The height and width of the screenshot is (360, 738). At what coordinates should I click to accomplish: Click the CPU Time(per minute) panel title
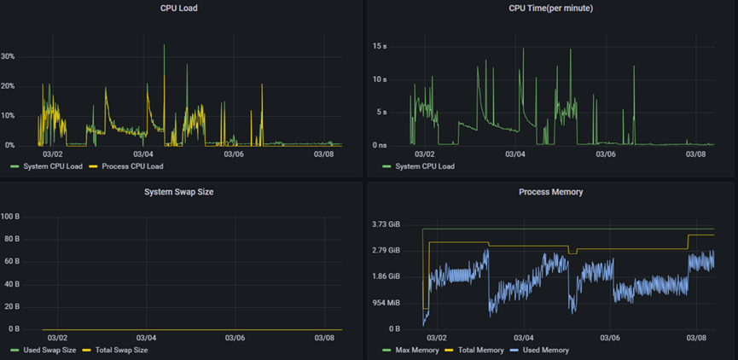click(551, 8)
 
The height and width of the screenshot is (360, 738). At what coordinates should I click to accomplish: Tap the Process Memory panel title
click(551, 192)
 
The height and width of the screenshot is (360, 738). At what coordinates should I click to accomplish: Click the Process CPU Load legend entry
click(132, 166)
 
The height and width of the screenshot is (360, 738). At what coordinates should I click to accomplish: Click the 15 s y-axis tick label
click(381, 46)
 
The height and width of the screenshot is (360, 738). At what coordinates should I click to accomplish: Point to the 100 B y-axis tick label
click(10, 217)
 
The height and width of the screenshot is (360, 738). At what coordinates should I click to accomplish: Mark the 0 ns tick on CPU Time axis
click(380, 145)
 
